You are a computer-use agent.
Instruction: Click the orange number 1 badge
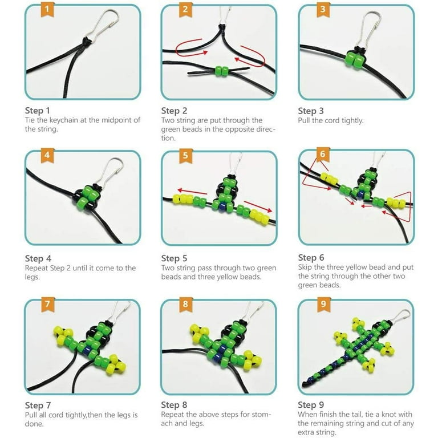(x=47, y=9)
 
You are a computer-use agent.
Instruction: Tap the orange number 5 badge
(x=185, y=155)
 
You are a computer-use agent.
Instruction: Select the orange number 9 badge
(x=323, y=303)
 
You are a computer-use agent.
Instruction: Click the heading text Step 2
(x=174, y=111)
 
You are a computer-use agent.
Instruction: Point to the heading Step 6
(x=311, y=257)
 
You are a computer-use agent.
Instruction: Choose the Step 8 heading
(x=174, y=404)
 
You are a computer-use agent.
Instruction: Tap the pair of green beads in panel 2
(x=222, y=71)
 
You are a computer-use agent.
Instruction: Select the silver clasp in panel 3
(x=370, y=29)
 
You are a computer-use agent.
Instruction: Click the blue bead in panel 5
(x=222, y=206)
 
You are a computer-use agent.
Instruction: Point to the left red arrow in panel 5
(x=192, y=192)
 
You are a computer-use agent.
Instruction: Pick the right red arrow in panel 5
(x=258, y=206)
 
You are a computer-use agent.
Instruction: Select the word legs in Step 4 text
(x=32, y=277)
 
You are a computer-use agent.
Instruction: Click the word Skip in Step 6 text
(x=305, y=267)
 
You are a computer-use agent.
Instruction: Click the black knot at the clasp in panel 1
(x=87, y=40)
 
